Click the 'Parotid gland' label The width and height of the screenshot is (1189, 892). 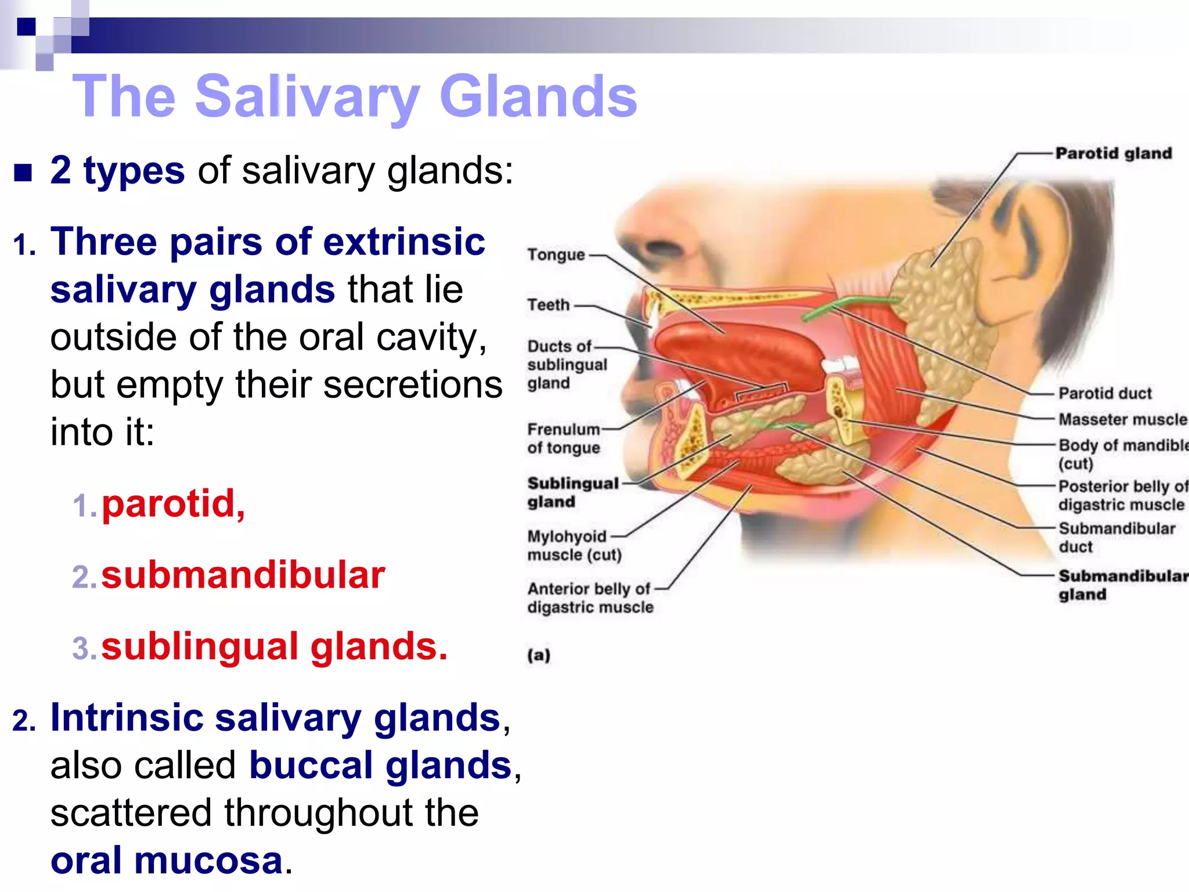(x=1113, y=153)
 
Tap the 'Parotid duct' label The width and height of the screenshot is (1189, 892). (x=1104, y=393)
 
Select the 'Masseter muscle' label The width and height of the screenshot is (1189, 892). (x=1122, y=419)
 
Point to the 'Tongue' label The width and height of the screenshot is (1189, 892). (x=556, y=255)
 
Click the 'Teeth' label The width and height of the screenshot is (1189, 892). (x=548, y=305)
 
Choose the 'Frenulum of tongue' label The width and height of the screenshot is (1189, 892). (x=563, y=438)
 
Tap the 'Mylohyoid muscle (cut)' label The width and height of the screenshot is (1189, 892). (x=574, y=545)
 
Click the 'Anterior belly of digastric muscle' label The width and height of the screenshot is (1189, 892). (x=590, y=598)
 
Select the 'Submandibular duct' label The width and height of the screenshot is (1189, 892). (x=1116, y=537)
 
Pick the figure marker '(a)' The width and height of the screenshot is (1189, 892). (x=539, y=655)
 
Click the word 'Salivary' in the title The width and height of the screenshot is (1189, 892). (x=307, y=97)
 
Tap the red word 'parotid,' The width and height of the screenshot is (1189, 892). (x=173, y=503)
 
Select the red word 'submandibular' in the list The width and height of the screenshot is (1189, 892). (x=243, y=575)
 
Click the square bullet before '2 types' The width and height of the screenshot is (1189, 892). (x=23, y=172)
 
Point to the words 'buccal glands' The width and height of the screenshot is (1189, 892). (x=380, y=765)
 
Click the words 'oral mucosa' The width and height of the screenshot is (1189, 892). (x=167, y=860)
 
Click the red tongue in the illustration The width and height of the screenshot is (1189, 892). (x=737, y=354)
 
